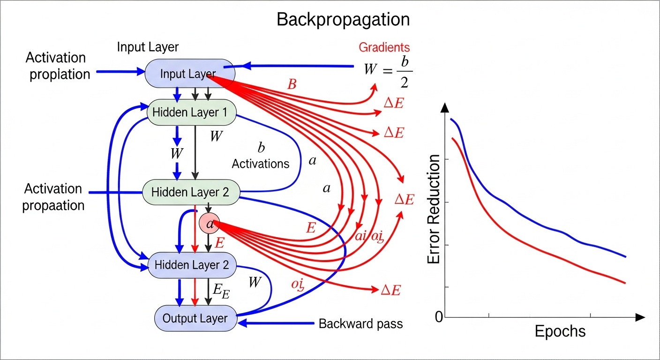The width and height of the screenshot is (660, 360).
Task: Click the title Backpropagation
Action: pos(343,20)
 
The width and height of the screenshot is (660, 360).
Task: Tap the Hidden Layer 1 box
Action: pos(191,112)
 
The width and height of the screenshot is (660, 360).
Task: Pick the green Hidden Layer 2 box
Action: pos(190,192)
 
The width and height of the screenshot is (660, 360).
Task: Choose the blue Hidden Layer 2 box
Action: pos(192,265)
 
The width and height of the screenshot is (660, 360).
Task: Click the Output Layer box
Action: pos(195,318)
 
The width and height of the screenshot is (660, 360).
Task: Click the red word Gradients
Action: pos(384,47)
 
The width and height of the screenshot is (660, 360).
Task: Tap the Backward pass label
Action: pos(360,323)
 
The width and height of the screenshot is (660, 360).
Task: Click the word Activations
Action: pos(261,164)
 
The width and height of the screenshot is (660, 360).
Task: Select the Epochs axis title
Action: pos(560,331)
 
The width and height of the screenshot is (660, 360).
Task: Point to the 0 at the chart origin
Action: pos(439,317)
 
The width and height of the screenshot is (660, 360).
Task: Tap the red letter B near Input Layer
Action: pos(292,85)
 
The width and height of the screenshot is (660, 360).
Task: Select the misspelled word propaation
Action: pos(53,205)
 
